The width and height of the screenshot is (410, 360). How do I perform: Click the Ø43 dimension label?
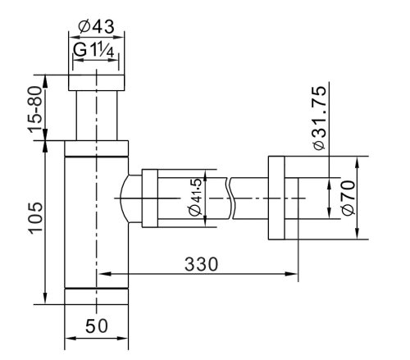click(x=96, y=27)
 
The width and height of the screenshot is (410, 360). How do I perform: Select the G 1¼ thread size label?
click(x=93, y=50)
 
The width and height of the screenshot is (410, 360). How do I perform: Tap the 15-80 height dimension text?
click(x=36, y=109)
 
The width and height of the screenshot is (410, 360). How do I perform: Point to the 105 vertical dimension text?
click(x=36, y=218)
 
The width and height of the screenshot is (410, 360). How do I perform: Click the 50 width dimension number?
click(x=97, y=326)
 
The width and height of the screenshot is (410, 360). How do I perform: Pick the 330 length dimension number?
click(x=202, y=264)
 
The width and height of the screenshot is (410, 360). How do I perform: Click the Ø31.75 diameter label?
click(x=320, y=118)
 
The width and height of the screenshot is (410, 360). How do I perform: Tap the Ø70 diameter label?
click(x=348, y=198)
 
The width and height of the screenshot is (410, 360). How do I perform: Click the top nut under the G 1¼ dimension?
click(x=96, y=83)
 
